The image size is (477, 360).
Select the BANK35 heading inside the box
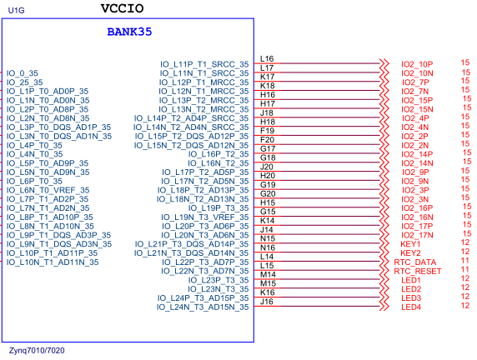point(129,32)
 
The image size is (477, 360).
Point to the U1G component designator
point(17,11)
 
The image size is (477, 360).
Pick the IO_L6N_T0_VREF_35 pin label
point(53,190)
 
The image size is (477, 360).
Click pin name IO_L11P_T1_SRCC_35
point(204,64)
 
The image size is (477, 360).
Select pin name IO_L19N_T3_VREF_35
point(204,217)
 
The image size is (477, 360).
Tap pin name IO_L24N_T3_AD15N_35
point(203,307)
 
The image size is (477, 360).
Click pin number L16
point(267,59)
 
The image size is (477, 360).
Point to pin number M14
point(268,274)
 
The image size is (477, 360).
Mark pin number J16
point(267,302)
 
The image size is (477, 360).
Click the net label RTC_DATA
point(414,262)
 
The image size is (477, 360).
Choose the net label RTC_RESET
point(417,271)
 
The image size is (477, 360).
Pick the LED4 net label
point(410,307)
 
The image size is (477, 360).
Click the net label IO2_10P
point(416,64)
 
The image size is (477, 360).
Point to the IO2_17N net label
point(416,235)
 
